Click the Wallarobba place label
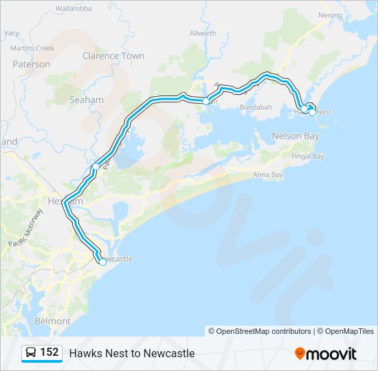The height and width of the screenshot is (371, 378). [74, 9]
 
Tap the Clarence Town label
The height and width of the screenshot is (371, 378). [113, 56]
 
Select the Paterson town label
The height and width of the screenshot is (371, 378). [31, 64]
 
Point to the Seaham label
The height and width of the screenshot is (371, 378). [87, 100]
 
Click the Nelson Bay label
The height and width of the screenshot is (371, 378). [296, 135]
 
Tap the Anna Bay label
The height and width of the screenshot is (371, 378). [268, 175]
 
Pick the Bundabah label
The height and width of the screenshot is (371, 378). [256, 108]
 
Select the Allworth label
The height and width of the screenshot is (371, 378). [203, 33]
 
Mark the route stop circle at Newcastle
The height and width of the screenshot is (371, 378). [102, 262]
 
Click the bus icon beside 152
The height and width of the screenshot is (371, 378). [31, 352]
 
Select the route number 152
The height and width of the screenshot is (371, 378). [49, 352]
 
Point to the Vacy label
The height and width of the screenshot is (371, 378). [12, 32]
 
